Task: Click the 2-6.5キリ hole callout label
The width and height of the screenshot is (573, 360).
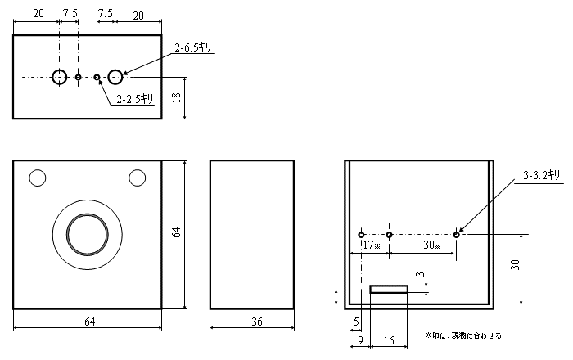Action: pos(194,48)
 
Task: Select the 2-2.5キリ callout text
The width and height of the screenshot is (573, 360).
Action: pos(135,99)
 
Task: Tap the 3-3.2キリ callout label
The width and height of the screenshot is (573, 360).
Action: pos(542,175)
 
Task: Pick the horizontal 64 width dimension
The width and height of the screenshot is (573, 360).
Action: pos(89,322)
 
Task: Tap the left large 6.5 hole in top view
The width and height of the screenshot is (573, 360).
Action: pos(60,77)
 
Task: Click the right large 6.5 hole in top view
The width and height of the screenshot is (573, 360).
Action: pos(115,77)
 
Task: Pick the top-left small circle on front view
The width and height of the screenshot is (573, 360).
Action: pos(37,177)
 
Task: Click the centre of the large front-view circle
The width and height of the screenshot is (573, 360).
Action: pos(87,234)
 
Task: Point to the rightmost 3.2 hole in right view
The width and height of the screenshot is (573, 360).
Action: pos(457,235)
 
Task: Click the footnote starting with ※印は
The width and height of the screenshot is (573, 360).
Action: pos(462,335)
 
